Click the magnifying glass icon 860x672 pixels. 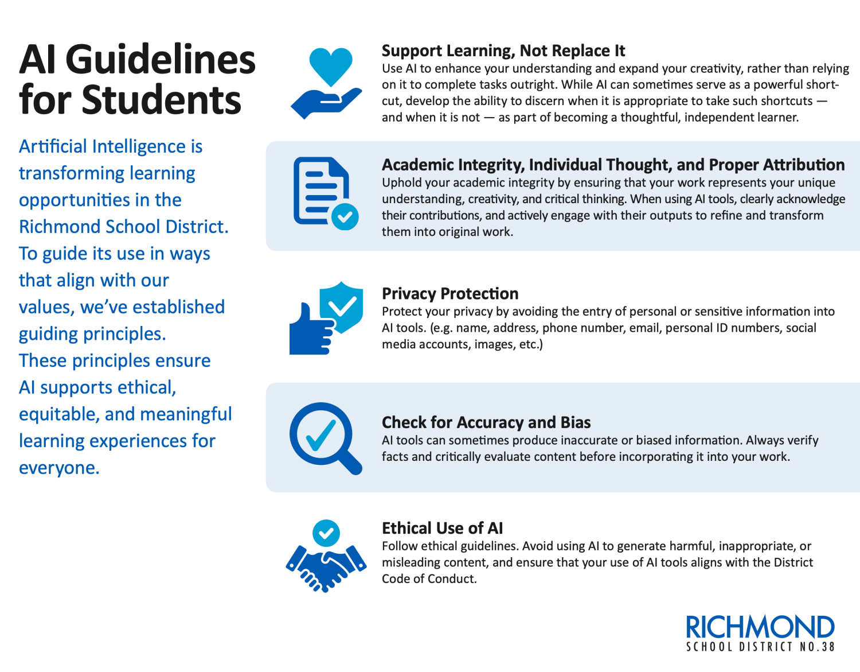pos(324,437)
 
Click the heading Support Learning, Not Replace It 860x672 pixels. pos(503,51)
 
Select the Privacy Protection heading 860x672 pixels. pos(450,293)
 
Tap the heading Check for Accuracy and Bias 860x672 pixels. pos(486,422)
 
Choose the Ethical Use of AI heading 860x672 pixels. pos(442,528)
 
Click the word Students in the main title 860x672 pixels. pos(161,100)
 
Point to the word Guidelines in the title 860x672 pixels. pos(161,60)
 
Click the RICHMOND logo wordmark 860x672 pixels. pos(760,627)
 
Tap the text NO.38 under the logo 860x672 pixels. pos(817,647)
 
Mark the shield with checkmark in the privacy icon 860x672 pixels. pos(342,306)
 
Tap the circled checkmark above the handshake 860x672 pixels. pos(326,533)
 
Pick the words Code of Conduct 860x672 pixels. pos(428,578)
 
